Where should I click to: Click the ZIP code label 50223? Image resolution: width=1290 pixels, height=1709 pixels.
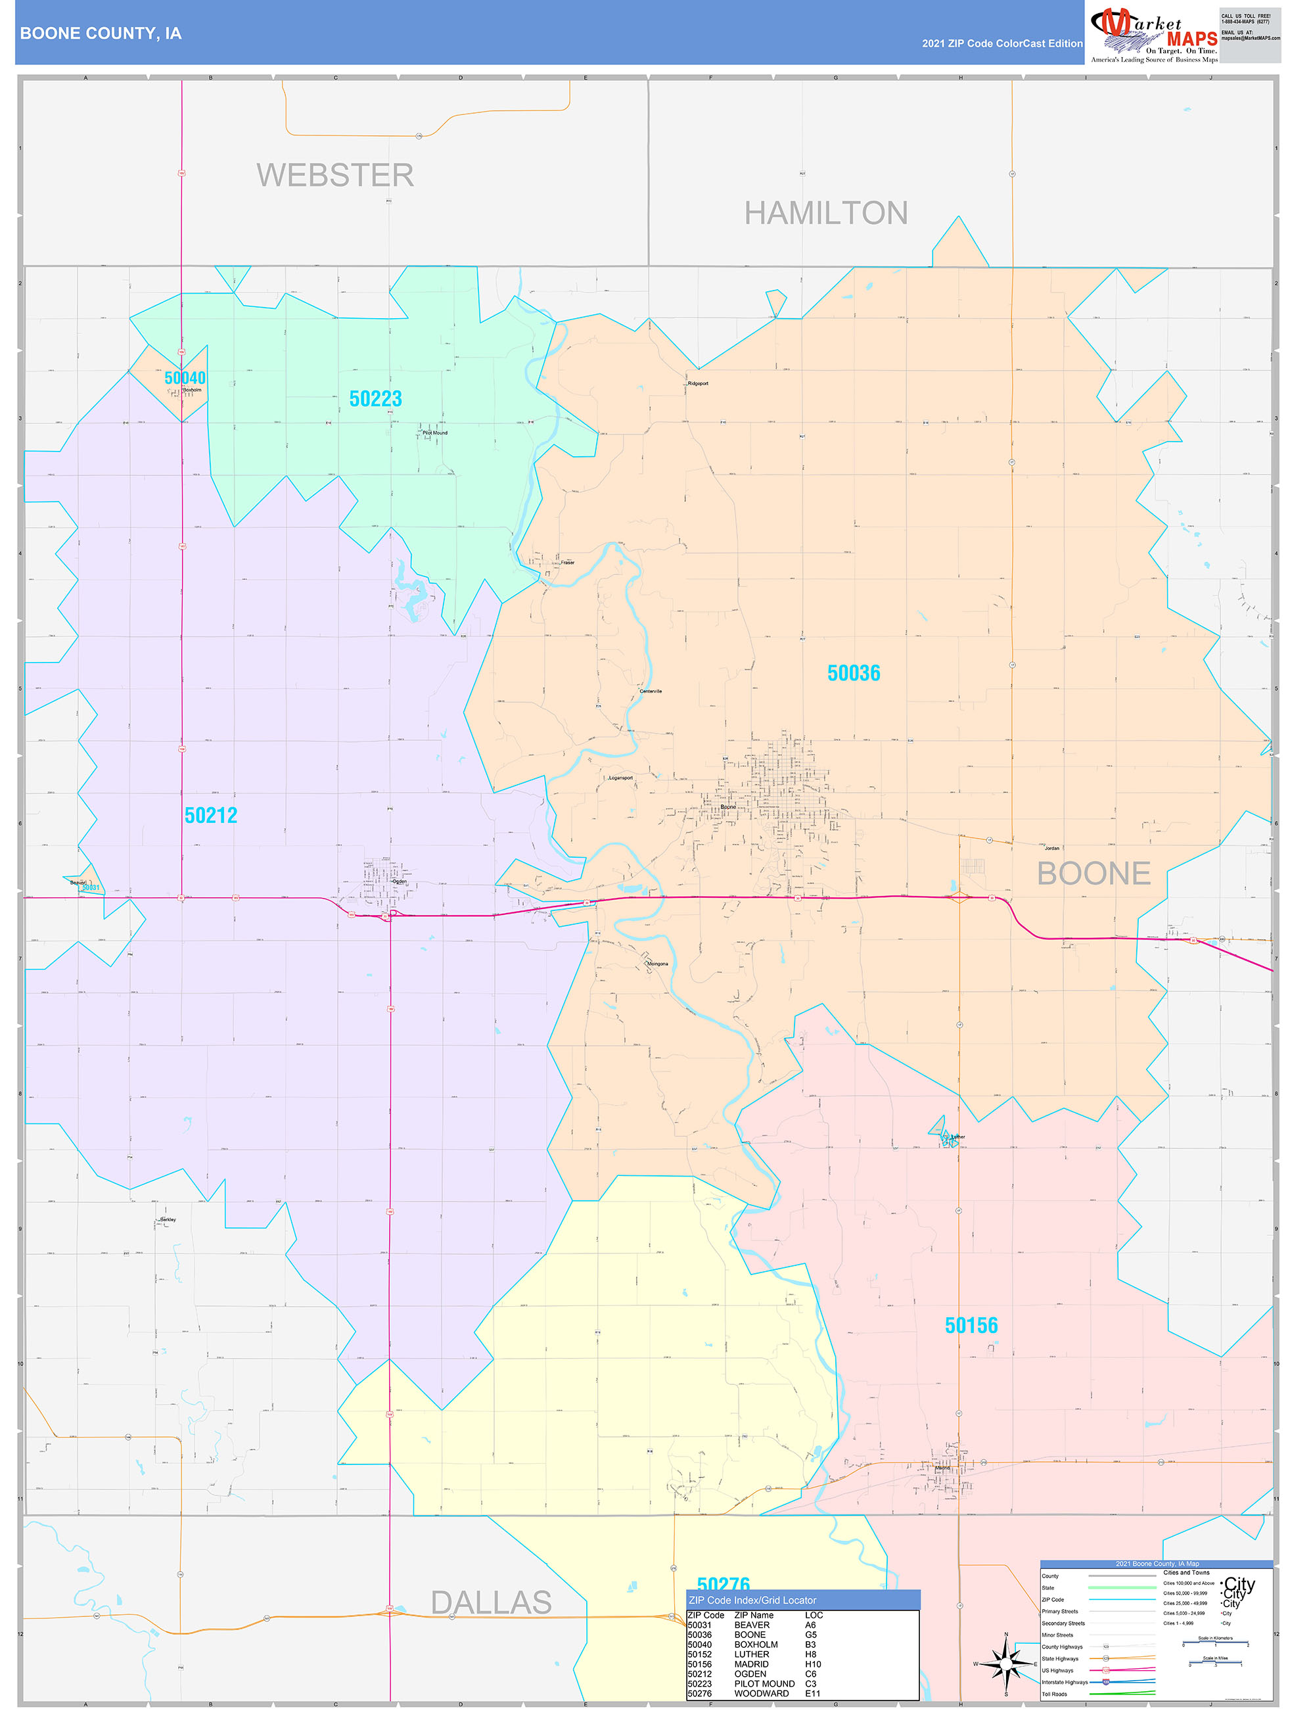(375, 399)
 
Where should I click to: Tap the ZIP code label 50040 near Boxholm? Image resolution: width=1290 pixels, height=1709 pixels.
(185, 378)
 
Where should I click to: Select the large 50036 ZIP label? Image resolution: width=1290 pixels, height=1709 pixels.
(854, 673)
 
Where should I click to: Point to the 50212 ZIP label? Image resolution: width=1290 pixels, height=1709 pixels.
(211, 815)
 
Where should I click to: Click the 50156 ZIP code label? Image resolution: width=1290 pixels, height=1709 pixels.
(971, 1326)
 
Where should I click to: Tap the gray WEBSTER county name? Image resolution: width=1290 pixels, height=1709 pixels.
(335, 176)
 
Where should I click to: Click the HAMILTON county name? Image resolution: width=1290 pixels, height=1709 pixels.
(826, 213)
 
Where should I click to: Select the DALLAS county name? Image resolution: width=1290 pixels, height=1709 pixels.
(492, 1603)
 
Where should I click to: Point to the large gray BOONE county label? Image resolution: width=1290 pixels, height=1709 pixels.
(1093, 874)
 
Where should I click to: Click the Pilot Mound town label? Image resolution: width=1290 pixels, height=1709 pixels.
(435, 433)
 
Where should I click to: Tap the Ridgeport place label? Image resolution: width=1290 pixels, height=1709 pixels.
(699, 383)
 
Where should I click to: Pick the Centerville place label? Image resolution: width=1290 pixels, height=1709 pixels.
(651, 691)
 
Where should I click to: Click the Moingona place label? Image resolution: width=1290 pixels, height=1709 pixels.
(657, 964)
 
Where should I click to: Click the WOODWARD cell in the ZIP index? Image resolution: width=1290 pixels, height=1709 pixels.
(761, 1693)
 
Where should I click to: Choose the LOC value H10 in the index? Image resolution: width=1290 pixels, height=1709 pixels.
(813, 1664)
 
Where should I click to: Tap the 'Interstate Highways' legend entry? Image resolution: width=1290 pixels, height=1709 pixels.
(1065, 1682)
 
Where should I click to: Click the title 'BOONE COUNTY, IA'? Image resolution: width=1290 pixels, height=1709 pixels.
(101, 34)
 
